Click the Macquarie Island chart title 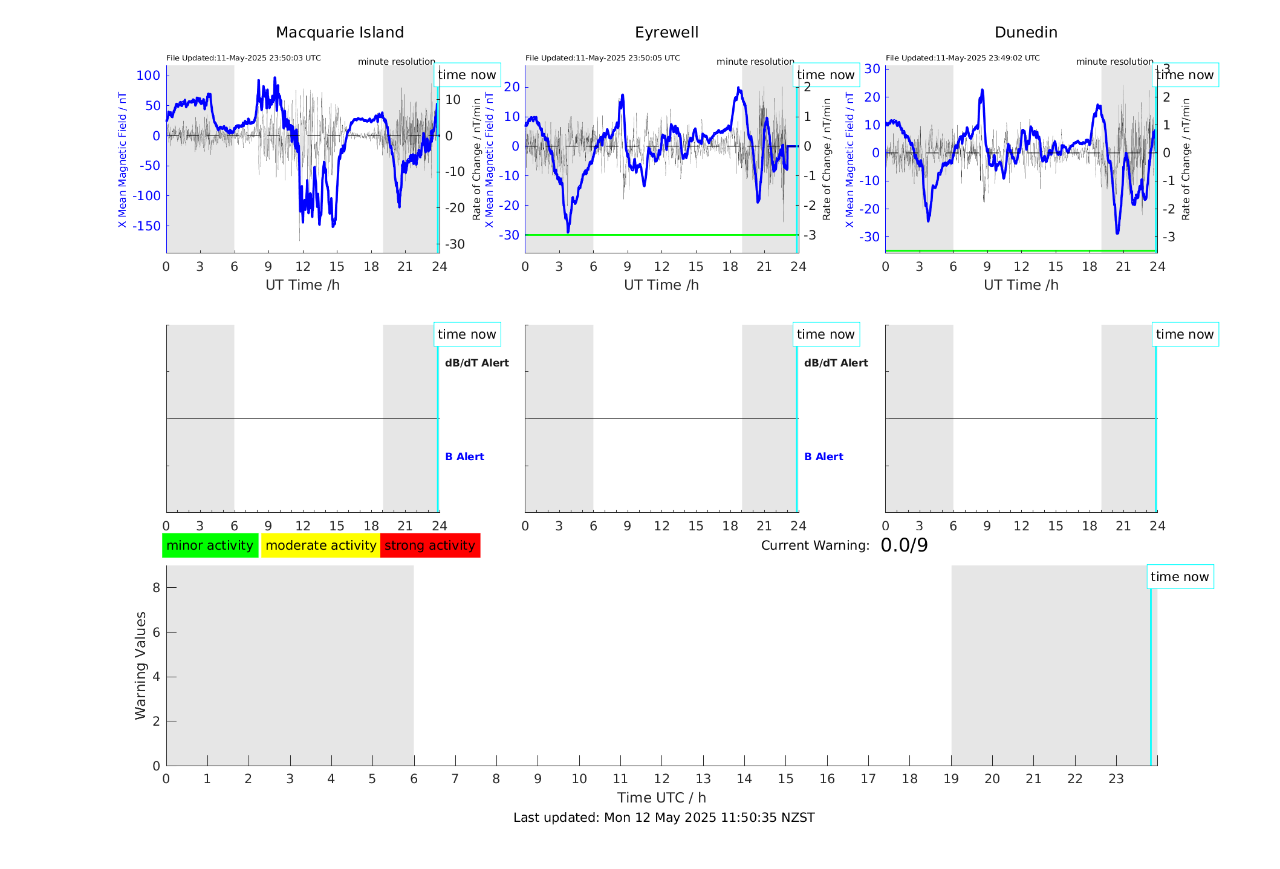point(339,33)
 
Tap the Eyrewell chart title point(666,33)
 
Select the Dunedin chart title point(1025,33)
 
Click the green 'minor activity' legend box point(210,545)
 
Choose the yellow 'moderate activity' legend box point(320,545)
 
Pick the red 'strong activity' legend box point(430,545)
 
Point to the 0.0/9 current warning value point(904,545)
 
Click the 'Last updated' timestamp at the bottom point(664,818)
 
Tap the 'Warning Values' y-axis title point(140,665)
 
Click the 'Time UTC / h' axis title point(661,798)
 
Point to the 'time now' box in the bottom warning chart point(1180,577)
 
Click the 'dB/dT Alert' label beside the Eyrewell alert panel point(836,363)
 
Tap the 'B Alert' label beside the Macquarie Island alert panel point(464,457)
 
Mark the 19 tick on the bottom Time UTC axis point(951,779)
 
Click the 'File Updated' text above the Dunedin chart point(963,58)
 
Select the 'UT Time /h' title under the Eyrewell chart point(661,285)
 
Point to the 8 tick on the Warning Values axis point(156,588)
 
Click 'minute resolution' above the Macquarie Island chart point(396,62)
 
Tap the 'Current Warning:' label point(815,545)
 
